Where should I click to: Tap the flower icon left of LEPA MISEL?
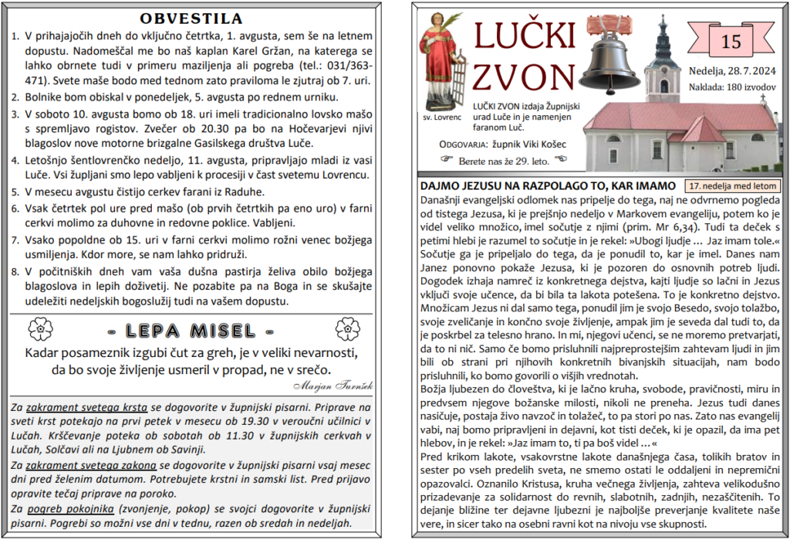pos(39,331)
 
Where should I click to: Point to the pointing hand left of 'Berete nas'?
pos(444,159)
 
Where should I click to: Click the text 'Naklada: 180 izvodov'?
pos(732,87)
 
